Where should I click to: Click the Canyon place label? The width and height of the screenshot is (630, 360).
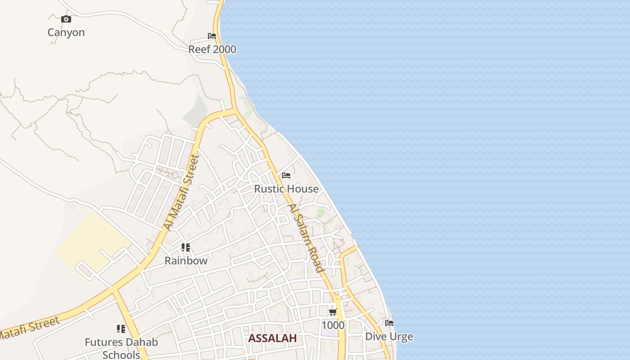tap(66, 32)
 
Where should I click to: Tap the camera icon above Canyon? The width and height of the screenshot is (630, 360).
tap(66, 19)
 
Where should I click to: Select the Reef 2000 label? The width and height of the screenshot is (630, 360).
tap(212, 49)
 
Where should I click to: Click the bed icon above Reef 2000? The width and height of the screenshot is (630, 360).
tap(212, 36)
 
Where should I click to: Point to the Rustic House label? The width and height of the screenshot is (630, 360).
tap(286, 189)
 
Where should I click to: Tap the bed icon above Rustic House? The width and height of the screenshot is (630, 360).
tap(286, 175)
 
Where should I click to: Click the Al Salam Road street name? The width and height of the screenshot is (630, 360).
tap(306, 238)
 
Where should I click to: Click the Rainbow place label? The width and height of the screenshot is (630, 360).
tap(186, 261)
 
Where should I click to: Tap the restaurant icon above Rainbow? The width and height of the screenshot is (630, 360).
tap(186, 247)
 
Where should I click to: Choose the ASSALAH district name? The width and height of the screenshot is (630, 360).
tap(272, 338)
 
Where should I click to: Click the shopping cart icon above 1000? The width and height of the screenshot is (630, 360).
tap(333, 312)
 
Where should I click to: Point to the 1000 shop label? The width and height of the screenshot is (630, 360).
tap(333, 325)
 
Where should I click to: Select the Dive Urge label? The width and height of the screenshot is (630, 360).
tap(389, 336)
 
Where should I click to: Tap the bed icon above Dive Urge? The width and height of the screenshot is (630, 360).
tap(389, 323)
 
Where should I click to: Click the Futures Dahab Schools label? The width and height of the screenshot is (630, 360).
tap(121, 348)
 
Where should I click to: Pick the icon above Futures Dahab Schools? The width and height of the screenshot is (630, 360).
tap(121, 329)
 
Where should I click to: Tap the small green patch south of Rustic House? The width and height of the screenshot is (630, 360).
tap(320, 213)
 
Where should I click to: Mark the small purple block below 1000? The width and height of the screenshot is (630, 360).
tap(329, 333)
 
